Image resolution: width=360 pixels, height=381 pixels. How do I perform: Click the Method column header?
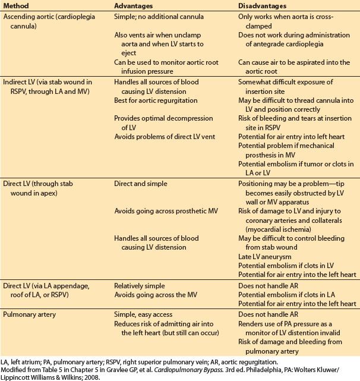tap(18, 7)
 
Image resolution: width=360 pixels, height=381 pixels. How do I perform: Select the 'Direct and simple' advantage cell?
tap(144, 184)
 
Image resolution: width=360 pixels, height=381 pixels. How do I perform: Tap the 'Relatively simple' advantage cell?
tap(143, 286)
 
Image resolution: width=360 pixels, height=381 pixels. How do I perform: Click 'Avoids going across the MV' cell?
tap(160, 295)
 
